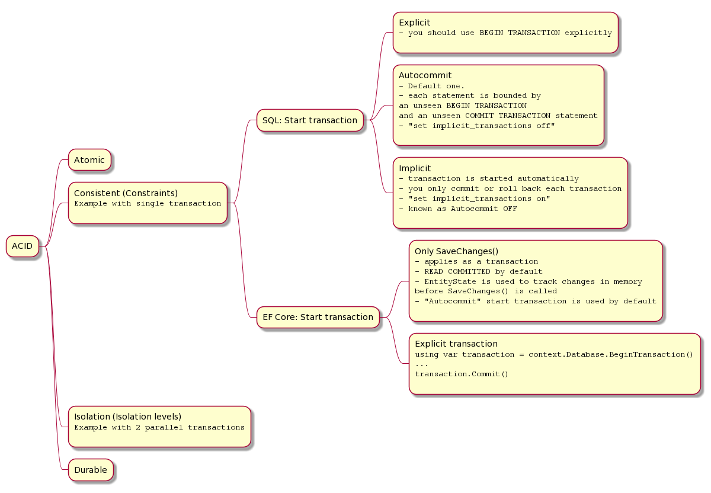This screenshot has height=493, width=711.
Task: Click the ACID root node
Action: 23,246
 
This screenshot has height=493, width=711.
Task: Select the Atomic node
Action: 89,160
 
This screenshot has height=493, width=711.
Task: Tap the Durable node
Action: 91,470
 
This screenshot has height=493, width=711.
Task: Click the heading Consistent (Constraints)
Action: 126,193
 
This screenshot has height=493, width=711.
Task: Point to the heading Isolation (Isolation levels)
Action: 127,417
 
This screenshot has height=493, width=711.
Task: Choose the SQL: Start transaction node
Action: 310,120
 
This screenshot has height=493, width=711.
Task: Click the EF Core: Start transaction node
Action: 318,317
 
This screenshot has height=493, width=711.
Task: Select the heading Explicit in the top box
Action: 415,23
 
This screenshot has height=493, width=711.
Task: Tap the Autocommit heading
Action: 425,75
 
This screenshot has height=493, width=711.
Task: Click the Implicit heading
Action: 415,168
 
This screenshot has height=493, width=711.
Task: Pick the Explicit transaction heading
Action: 456,344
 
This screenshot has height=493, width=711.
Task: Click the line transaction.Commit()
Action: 461,374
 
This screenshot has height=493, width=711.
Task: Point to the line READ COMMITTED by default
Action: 478,271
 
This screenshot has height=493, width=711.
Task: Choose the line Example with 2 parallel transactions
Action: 159,427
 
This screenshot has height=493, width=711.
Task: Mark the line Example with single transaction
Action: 148,203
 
